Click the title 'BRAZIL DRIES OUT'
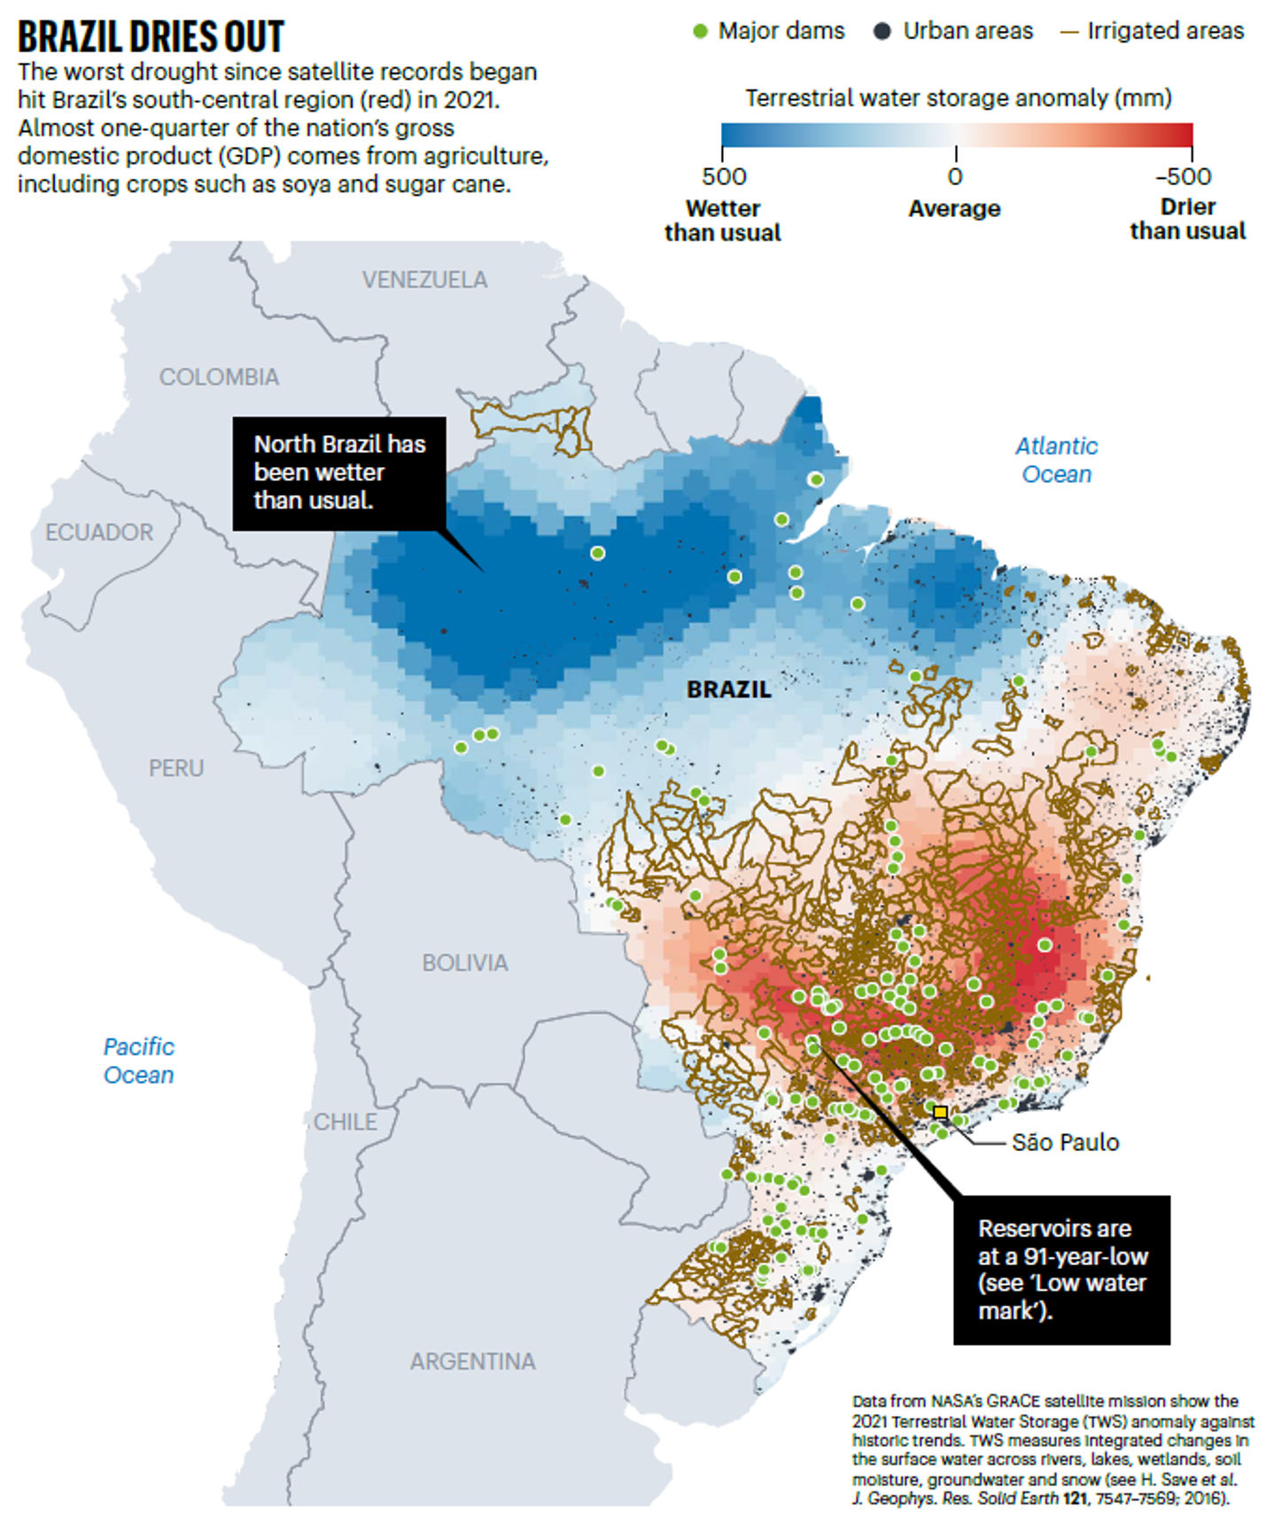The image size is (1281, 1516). (x=151, y=36)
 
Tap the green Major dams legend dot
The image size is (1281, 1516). (x=700, y=32)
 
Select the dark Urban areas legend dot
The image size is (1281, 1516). (x=881, y=32)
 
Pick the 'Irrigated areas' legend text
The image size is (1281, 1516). (x=1165, y=31)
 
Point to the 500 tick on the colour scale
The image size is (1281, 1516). (x=723, y=175)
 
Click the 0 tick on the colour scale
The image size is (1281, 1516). (x=954, y=175)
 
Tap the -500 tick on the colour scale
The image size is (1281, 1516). (x=1184, y=175)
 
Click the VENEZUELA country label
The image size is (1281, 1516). (x=424, y=280)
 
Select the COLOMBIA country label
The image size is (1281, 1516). (x=219, y=377)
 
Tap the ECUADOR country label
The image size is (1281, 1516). (x=99, y=533)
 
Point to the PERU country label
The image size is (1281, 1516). (x=175, y=768)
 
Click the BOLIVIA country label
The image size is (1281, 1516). (x=464, y=963)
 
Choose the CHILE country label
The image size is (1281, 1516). (x=345, y=1122)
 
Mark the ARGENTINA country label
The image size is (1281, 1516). (x=472, y=1361)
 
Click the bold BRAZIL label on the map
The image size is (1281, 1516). (x=728, y=689)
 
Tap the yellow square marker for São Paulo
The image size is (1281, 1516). (x=940, y=1112)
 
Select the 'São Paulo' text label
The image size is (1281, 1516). (x=1065, y=1142)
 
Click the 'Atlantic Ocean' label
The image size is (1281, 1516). (x=1056, y=460)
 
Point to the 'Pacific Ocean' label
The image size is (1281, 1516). (x=139, y=1061)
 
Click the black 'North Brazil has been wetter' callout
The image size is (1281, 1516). (x=339, y=472)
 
